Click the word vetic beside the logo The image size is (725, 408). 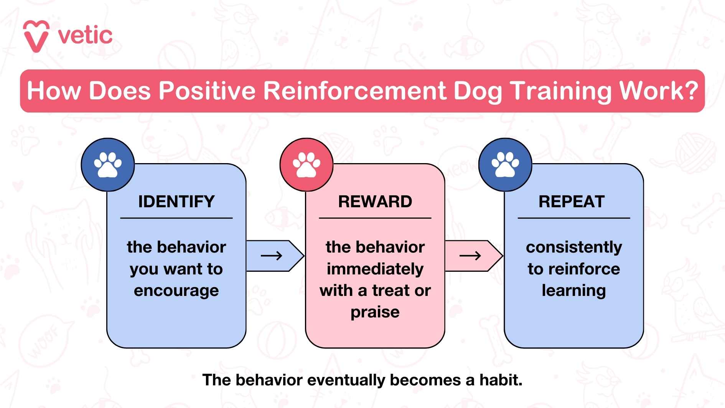click(x=85, y=35)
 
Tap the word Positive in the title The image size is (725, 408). click(x=207, y=91)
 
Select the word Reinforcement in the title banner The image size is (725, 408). click(x=355, y=91)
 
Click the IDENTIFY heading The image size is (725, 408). click(x=176, y=202)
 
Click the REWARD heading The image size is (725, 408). click(x=375, y=202)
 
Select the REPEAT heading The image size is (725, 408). click(x=571, y=202)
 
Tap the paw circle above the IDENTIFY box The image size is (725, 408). click(x=108, y=165)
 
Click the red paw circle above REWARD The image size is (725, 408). click(x=306, y=165)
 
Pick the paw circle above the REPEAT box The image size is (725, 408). click(x=505, y=165)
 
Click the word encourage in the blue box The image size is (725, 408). click(x=176, y=291)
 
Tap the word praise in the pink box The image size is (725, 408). click(x=375, y=312)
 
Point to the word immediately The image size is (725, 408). click(x=375, y=269)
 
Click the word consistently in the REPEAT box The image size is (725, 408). click(x=573, y=247)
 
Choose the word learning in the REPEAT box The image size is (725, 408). click(x=573, y=291)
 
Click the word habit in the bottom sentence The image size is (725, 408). click(x=500, y=380)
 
